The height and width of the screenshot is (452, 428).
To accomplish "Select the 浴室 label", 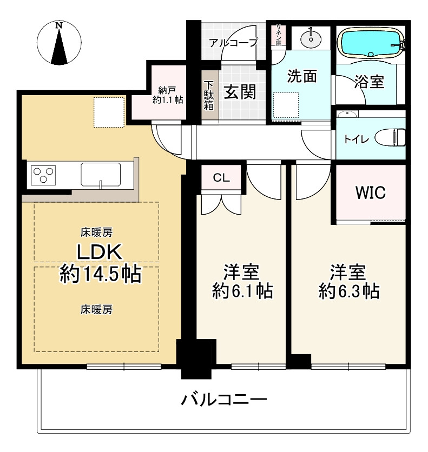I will [370, 82].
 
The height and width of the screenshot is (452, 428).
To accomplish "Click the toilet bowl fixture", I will [393, 137].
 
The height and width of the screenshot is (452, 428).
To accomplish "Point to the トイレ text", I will [356, 139].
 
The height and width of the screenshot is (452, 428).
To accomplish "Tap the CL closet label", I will [220, 177].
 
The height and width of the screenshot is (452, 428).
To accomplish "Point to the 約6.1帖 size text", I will [242, 291].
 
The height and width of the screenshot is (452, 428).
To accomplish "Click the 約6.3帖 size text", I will [348, 291].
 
